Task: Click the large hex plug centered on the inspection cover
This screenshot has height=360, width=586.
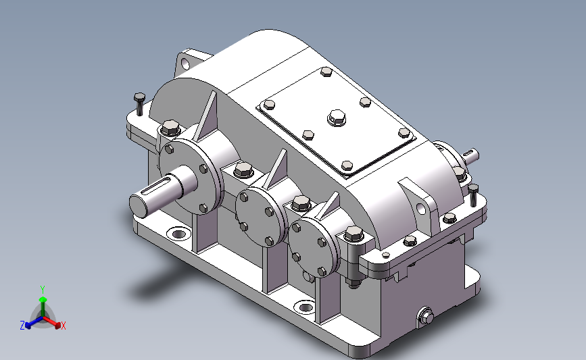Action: (x=337, y=118)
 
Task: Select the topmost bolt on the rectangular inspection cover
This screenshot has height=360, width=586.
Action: (x=326, y=72)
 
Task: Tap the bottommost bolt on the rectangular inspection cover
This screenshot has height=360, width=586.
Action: (x=347, y=165)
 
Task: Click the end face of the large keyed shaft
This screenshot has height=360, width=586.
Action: (x=139, y=205)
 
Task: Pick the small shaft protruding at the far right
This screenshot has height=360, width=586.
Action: (x=470, y=155)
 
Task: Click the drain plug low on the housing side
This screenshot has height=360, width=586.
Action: (x=426, y=317)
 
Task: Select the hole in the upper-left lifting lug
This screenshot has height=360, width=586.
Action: (x=186, y=64)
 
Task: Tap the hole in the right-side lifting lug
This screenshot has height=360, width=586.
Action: (x=421, y=209)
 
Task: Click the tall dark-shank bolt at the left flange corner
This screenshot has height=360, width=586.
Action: (x=139, y=104)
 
